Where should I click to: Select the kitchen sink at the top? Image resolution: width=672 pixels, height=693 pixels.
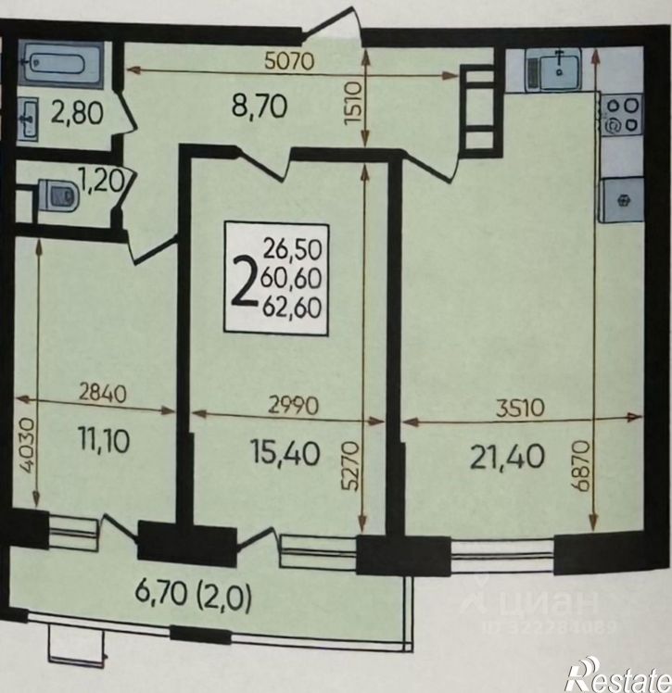coord(552,69)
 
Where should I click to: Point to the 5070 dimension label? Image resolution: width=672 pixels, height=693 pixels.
coord(289,60)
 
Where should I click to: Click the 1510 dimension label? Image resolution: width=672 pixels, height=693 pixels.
coord(354,105)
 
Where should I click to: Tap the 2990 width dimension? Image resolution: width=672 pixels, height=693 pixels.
coord(294,405)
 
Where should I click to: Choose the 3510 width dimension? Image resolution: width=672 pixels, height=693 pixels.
coord(520,408)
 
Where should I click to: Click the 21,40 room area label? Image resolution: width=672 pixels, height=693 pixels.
coord(507,457)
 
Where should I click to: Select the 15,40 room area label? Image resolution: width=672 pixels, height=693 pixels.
coord(285,452)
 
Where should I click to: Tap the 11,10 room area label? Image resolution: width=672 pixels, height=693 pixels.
coord(105,441)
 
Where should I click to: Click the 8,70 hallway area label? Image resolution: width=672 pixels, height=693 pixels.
coord(260,107)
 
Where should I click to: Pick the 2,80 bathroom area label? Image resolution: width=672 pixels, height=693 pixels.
coord(77,112)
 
